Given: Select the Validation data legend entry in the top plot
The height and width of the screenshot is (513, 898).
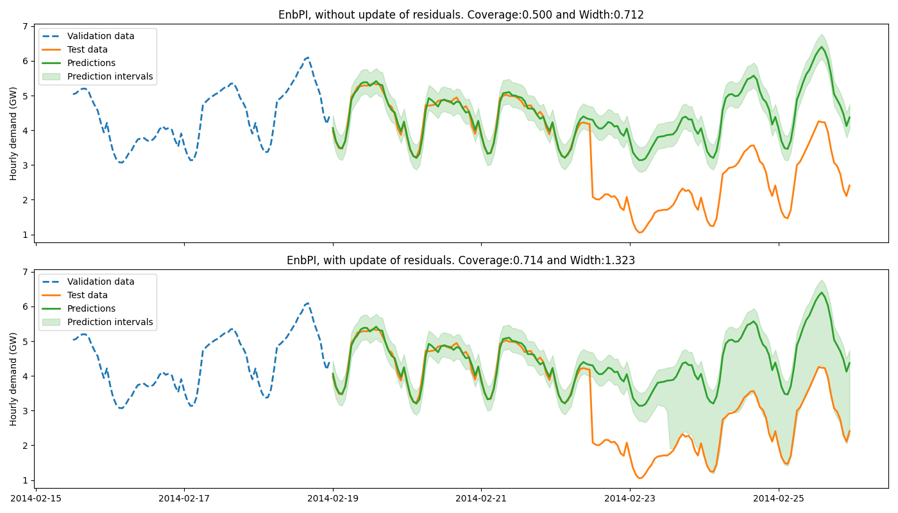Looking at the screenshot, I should [x=101, y=37].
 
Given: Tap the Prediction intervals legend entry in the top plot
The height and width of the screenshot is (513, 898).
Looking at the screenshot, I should [x=110, y=77].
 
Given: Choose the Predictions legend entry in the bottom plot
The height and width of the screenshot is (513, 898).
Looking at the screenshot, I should [x=91, y=309].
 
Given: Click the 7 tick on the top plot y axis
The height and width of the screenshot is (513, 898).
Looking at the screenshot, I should [x=26, y=26].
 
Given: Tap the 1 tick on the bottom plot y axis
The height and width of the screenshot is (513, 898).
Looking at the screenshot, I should [x=26, y=480].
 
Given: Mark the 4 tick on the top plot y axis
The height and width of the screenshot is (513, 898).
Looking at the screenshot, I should [x=26, y=131].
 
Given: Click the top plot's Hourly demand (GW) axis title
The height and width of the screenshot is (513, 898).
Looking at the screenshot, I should [x=13, y=133].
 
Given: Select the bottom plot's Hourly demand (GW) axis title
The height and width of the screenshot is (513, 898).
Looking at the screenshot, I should [x=13, y=378].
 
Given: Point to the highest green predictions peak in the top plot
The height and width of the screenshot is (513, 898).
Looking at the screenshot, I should [x=821, y=47].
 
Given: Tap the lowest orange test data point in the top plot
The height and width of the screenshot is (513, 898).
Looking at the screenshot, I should [x=640, y=232].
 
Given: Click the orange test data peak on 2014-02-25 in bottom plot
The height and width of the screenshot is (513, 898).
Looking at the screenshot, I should [x=818, y=367].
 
